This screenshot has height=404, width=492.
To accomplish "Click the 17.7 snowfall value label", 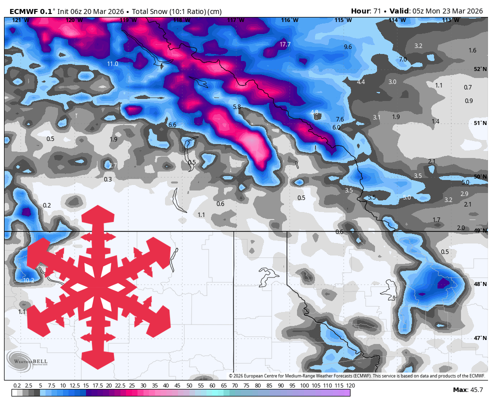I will [285, 44].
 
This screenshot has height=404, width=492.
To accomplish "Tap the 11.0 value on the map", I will [112, 63].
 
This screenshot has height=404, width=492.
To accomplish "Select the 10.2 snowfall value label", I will [29, 280].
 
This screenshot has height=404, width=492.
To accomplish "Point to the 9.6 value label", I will [348, 46].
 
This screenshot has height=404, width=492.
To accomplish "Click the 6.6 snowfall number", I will [172, 124].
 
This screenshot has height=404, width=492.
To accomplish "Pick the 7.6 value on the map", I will [340, 119].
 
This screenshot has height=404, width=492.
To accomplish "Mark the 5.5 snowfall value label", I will [371, 197].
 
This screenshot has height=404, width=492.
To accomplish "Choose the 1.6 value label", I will [472, 50].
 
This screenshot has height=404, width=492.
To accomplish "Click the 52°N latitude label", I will [480, 69].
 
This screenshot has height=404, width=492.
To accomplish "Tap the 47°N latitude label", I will [480, 338].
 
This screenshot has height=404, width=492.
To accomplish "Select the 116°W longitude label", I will [289, 20].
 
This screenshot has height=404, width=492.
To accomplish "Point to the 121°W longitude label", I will [20, 20].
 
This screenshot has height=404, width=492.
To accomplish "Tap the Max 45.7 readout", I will [468, 389].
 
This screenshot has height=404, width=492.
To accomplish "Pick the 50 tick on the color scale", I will [189, 385].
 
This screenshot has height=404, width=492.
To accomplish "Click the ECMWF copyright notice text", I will [357, 376].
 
